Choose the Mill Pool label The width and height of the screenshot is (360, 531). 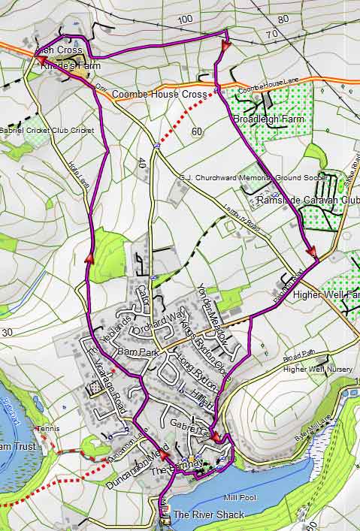241,497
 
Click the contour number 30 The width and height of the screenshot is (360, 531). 8,332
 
